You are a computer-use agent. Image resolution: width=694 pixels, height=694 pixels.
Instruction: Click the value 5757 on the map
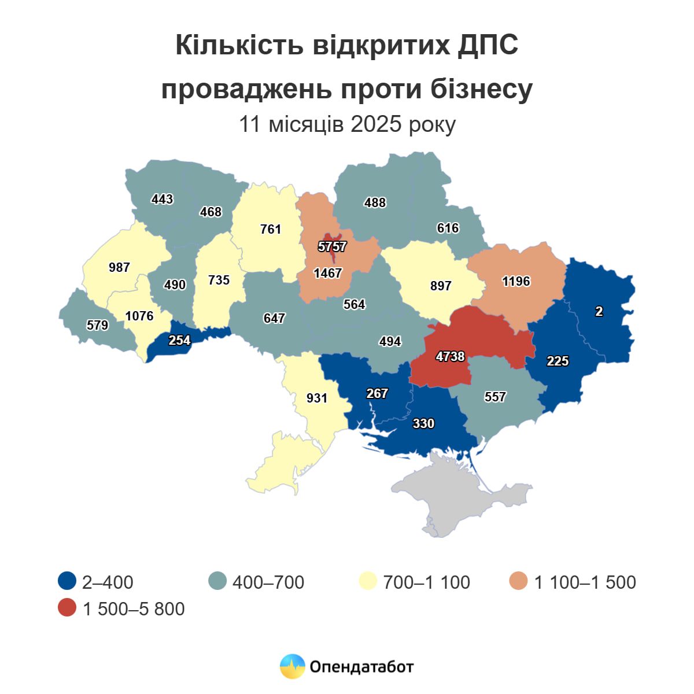tap(332, 247)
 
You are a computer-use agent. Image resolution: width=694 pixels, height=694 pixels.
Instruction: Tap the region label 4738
tap(450, 357)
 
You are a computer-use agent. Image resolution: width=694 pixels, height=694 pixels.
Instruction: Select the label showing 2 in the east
tap(599, 312)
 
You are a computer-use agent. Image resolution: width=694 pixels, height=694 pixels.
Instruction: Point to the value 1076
tap(139, 316)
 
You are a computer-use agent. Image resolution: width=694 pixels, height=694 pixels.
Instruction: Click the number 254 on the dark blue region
tap(179, 340)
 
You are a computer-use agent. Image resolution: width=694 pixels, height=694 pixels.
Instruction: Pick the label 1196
tap(516, 281)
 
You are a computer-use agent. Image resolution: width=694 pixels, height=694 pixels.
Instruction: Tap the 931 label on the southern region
tap(317, 398)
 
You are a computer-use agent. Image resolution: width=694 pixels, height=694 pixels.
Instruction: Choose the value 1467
tap(328, 273)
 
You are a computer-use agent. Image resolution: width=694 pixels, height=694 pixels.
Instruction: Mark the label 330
tap(423, 423)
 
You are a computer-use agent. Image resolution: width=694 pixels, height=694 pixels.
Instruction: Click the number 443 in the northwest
tap(162, 199)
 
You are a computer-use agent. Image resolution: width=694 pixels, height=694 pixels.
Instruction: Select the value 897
tap(441, 286)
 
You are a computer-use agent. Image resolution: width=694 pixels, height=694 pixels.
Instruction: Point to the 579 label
tap(97, 325)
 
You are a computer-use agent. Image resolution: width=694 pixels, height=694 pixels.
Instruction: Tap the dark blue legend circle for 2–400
tap(68, 581)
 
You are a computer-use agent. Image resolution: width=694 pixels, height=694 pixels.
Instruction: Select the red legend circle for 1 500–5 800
tap(68, 608)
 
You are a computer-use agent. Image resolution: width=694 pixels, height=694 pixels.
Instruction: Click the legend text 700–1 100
tap(426, 582)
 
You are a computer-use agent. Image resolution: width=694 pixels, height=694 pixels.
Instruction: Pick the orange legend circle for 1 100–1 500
tap(519, 581)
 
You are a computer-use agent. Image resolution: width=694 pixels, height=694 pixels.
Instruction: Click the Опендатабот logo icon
tap(292, 666)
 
